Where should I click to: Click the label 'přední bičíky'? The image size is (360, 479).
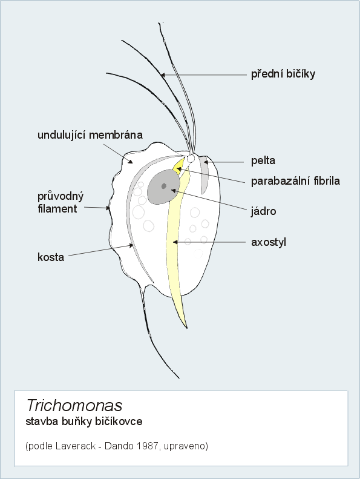(283, 74)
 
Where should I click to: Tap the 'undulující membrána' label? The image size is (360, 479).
(90, 135)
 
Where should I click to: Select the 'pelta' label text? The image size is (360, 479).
(263, 160)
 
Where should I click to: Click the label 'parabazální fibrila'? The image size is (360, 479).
(295, 181)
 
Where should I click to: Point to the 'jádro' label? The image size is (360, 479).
(264, 211)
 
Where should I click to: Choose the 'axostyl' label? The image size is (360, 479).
(269, 242)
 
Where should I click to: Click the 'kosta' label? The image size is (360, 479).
(51, 257)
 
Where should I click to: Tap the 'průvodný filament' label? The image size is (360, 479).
(61, 202)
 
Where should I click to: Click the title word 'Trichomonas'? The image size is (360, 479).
(74, 406)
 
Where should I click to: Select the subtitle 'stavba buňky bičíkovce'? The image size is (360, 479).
(84, 421)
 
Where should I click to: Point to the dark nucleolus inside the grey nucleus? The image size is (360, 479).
(164, 186)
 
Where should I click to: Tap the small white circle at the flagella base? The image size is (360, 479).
(191, 159)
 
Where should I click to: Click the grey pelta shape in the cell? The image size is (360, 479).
(204, 175)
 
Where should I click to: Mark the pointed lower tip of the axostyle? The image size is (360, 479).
(186, 328)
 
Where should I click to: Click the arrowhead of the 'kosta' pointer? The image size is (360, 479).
(132, 245)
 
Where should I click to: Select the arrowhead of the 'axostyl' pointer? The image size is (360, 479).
(175, 242)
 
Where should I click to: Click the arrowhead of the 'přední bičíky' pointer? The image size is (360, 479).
(163, 74)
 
